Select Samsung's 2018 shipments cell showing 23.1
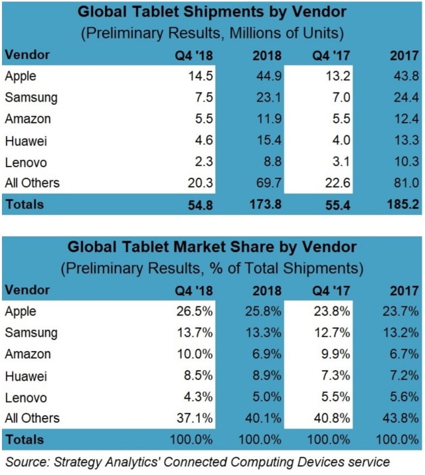(269, 97)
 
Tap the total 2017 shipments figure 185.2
(401, 204)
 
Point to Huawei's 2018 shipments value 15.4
(269, 140)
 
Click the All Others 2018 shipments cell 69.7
(269, 183)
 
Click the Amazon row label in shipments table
(28, 119)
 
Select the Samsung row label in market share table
(31, 332)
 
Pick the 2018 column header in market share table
(266, 290)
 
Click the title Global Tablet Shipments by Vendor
(212, 13)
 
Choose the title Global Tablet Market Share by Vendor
(212, 247)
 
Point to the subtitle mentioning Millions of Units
(212, 33)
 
